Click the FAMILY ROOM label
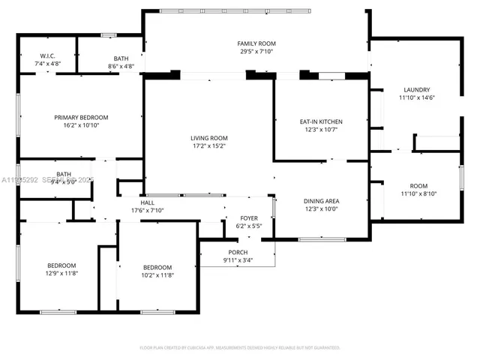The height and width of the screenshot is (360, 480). (x=256, y=44)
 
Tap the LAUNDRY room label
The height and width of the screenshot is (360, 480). (x=417, y=89)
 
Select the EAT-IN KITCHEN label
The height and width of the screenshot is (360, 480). (x=321, y=121)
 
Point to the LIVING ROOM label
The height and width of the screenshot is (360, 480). (x=208, y=138)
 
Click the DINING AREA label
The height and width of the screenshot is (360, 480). (x=321, y=201)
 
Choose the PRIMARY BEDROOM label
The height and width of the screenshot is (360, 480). (x=81, y=117)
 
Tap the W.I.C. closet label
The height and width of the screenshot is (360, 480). (x=48, y=58)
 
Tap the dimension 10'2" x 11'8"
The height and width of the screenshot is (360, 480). (x=157, y=276)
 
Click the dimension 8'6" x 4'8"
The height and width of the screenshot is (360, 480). (x=121, y=66)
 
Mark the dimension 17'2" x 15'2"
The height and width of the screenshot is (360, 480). (x=208, y=146)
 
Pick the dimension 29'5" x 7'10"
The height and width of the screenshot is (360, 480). (x=256, y=52)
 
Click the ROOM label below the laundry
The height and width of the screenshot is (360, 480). (x=418, y=186)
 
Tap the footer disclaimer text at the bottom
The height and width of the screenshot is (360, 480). (x=240, y=348)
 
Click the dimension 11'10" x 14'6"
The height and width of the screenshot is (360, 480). (x=417, y=97)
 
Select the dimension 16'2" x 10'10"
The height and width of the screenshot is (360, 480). (x=81, y=125)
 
